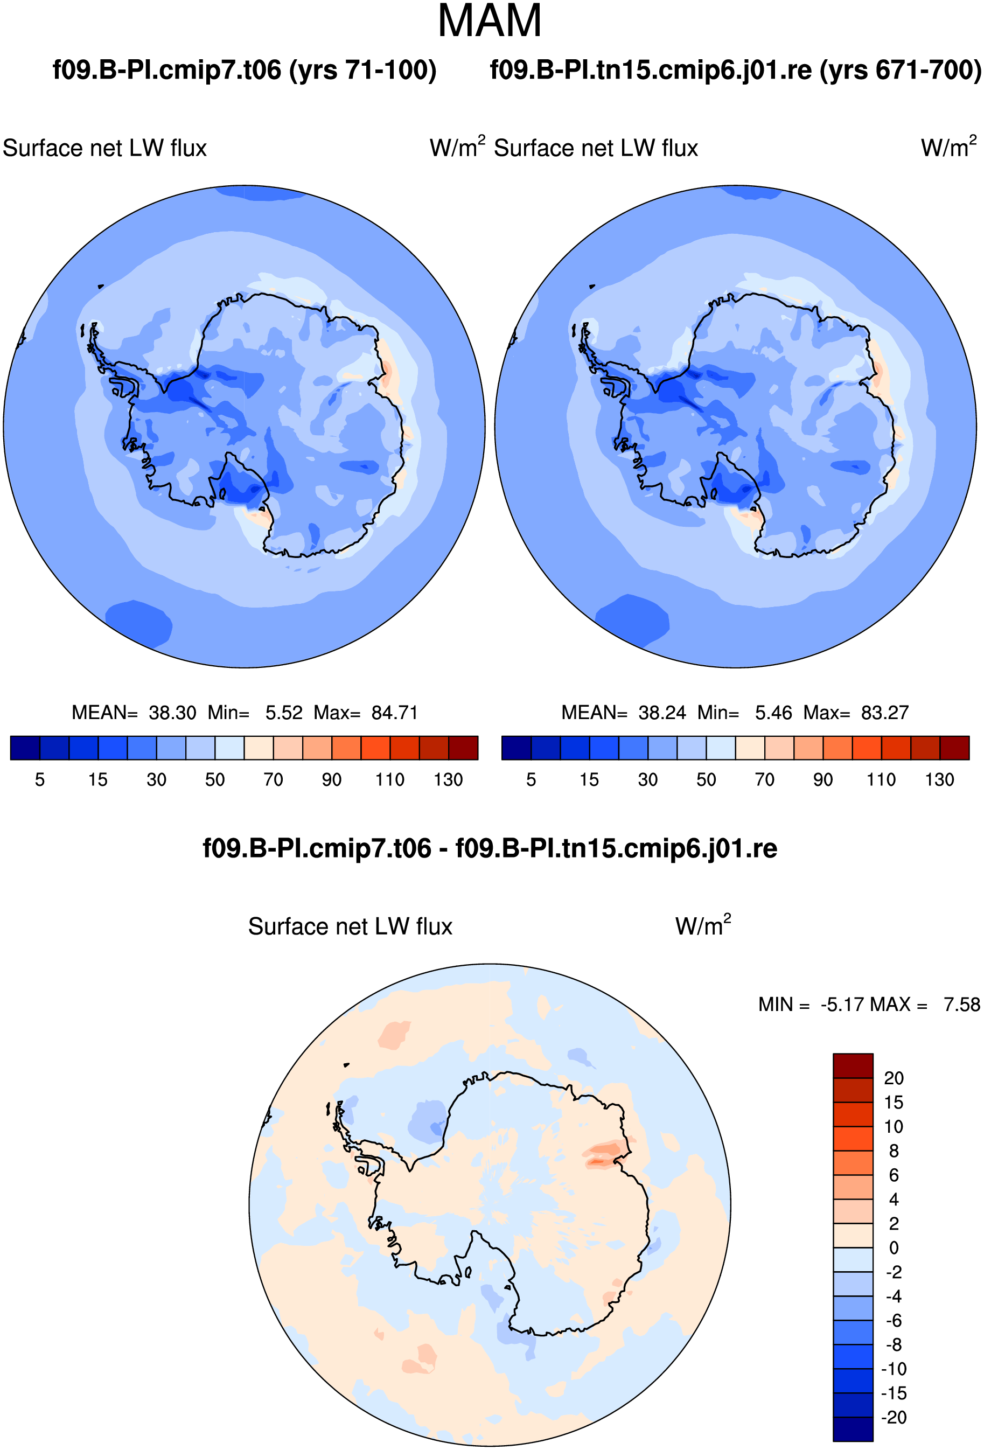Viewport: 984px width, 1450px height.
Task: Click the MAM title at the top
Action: click(x=490, y=21)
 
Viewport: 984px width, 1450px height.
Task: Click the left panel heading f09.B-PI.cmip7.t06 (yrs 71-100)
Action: click(x=245, y=70)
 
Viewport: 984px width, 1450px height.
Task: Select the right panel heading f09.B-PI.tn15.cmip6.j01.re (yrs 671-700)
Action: click(x=736, y=70)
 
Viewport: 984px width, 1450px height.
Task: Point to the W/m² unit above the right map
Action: click(x=948, y=147)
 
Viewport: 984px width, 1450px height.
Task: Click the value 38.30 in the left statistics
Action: click(x=172, y=713)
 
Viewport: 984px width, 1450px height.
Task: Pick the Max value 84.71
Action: click(x=394, y=713)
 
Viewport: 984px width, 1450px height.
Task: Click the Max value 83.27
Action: click(x=885, y=713)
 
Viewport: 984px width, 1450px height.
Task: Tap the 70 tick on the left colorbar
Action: click(x=273, y=780)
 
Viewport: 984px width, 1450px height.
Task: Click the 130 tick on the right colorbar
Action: click(x=940, y=780)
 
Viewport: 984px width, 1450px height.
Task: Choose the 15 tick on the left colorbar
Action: click(x=98, y=780)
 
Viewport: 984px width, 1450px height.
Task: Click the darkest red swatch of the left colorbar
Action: click(x=464, y=748)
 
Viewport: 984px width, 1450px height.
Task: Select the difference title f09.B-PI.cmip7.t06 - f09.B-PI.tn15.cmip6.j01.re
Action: click(x=490, y=848)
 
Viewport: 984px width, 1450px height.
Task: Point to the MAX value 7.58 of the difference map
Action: click(x=961, y=1005)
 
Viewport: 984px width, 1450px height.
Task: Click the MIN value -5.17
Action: click(x=842, y=1005)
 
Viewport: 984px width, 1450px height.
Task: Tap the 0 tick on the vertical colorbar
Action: click(x=894, y=1248)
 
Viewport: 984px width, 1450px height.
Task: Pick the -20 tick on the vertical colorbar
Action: click(x=894, y=1417)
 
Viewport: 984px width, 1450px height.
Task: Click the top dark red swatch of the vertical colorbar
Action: click(x=853, y=1065)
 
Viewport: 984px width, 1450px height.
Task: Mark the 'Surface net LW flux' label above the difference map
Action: click(x=350, y=927)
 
